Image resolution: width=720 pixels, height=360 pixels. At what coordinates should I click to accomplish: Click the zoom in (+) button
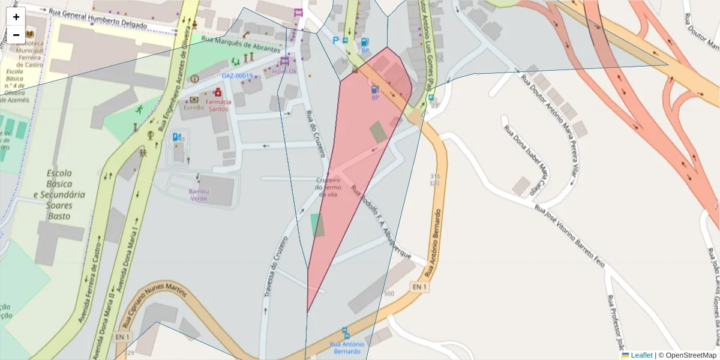pyautogui.click(x=16, y=17)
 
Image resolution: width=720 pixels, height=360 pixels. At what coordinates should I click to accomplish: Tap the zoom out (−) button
pyautogui.click(x=16, y=35)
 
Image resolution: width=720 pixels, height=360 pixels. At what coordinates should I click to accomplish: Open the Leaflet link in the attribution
pyautogui.click(x=641, y=355)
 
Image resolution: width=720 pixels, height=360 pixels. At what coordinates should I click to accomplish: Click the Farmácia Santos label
pyautogui.click(x=218, y=106)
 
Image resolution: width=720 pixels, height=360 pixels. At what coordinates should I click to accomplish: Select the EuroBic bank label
pyautogui.click(x=194, y=108)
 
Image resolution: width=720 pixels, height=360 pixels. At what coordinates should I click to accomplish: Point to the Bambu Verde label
pyautogui.click(x=199, y=195)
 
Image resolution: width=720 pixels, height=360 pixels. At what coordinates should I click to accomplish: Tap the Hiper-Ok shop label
pyautogui.click(x=284, y=71)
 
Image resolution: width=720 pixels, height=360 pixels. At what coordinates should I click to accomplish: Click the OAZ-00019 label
pyautogui.click(x=237, y=76)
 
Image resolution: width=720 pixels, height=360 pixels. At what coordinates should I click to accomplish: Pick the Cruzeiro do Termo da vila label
pyautogui.click(x=328, y=187)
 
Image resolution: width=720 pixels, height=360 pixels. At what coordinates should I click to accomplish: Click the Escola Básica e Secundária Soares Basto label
pyautogui.click(x=59, y=194)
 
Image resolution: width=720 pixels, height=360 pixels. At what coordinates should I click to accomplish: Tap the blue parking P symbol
pyautogui.click(x=336, y=40)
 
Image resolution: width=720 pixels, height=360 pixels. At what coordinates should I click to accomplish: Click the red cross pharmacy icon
pyautogui.click(x=218, y=93)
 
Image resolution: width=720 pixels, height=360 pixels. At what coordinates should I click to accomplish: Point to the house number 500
pyautogui.click(x=389, y=294)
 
